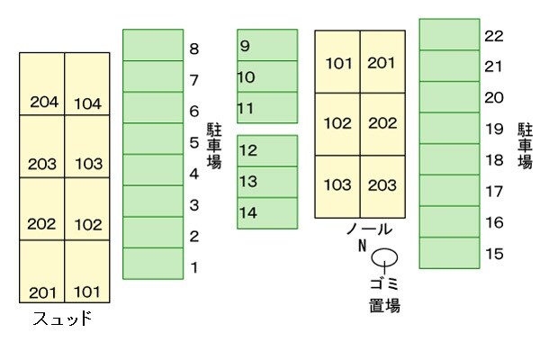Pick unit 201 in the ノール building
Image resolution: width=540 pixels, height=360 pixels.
(x=382, y=63)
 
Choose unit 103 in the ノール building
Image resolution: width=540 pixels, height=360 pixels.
(x=337, y=185)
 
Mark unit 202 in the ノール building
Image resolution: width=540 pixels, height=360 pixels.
(x=382, y=123)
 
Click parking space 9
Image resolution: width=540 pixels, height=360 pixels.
(x=267, y=45)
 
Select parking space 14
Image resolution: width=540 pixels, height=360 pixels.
(x=267, y=212)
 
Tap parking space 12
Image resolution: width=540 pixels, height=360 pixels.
(x=267, y=150)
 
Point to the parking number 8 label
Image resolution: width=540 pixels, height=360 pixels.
(x=194, y=49)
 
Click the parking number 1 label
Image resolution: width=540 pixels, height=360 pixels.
(x=194, y=267)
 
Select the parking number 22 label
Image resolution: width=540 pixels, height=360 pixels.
(x=493, y=36)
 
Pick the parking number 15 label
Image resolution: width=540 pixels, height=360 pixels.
(x=493, y=254)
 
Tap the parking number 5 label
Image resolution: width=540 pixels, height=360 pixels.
(x=194, y=142)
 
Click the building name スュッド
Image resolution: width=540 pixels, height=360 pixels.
(x=62, y=319)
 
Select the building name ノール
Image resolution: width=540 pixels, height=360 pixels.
(x=369, y=229)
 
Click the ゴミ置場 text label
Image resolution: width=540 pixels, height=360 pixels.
(x=384, y=296)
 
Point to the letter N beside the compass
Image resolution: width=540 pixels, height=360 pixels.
(x=363, y=246)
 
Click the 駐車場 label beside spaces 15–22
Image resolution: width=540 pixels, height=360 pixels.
(x=525, y=146)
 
